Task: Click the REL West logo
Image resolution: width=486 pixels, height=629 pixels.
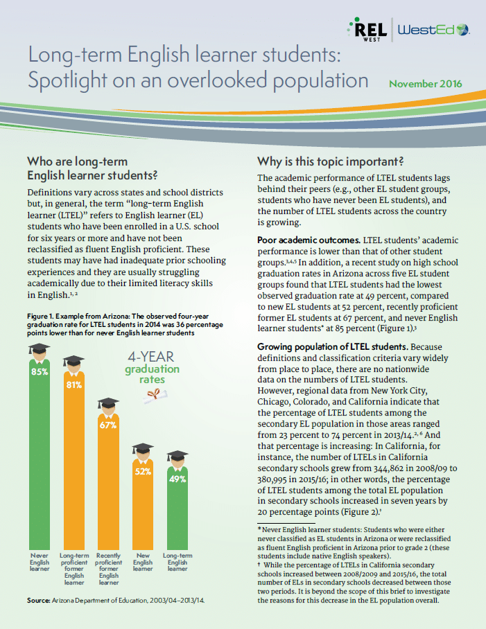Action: pyautogui.click(x=366, y=28)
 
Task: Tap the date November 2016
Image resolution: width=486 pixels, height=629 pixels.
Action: pyautogui.click(x=425, y=84)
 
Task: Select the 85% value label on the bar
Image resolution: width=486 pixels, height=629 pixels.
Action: pyautogui.click(x=39, y=371)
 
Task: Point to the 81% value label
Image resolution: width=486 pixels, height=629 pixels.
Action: pyautogui.click(x=74, y=385)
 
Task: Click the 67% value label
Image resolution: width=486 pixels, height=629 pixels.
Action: pyautogui.click(x=107, y=425)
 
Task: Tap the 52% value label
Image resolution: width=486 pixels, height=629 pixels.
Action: pyautogui.click(x=142, y=472)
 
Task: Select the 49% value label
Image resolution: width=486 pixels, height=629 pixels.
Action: pyautogui.click(x=177, y=479)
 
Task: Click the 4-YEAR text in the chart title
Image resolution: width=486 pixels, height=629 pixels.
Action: pyautogui.click(x=152, y=358)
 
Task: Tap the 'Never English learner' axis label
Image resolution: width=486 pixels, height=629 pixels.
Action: pyautogui.click(x=40, y=562)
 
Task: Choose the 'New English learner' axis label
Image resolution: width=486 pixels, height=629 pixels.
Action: pyautogui.click(x=142, y=562)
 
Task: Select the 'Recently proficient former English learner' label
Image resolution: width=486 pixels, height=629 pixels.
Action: pyautogui.click(x=108, y=569)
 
